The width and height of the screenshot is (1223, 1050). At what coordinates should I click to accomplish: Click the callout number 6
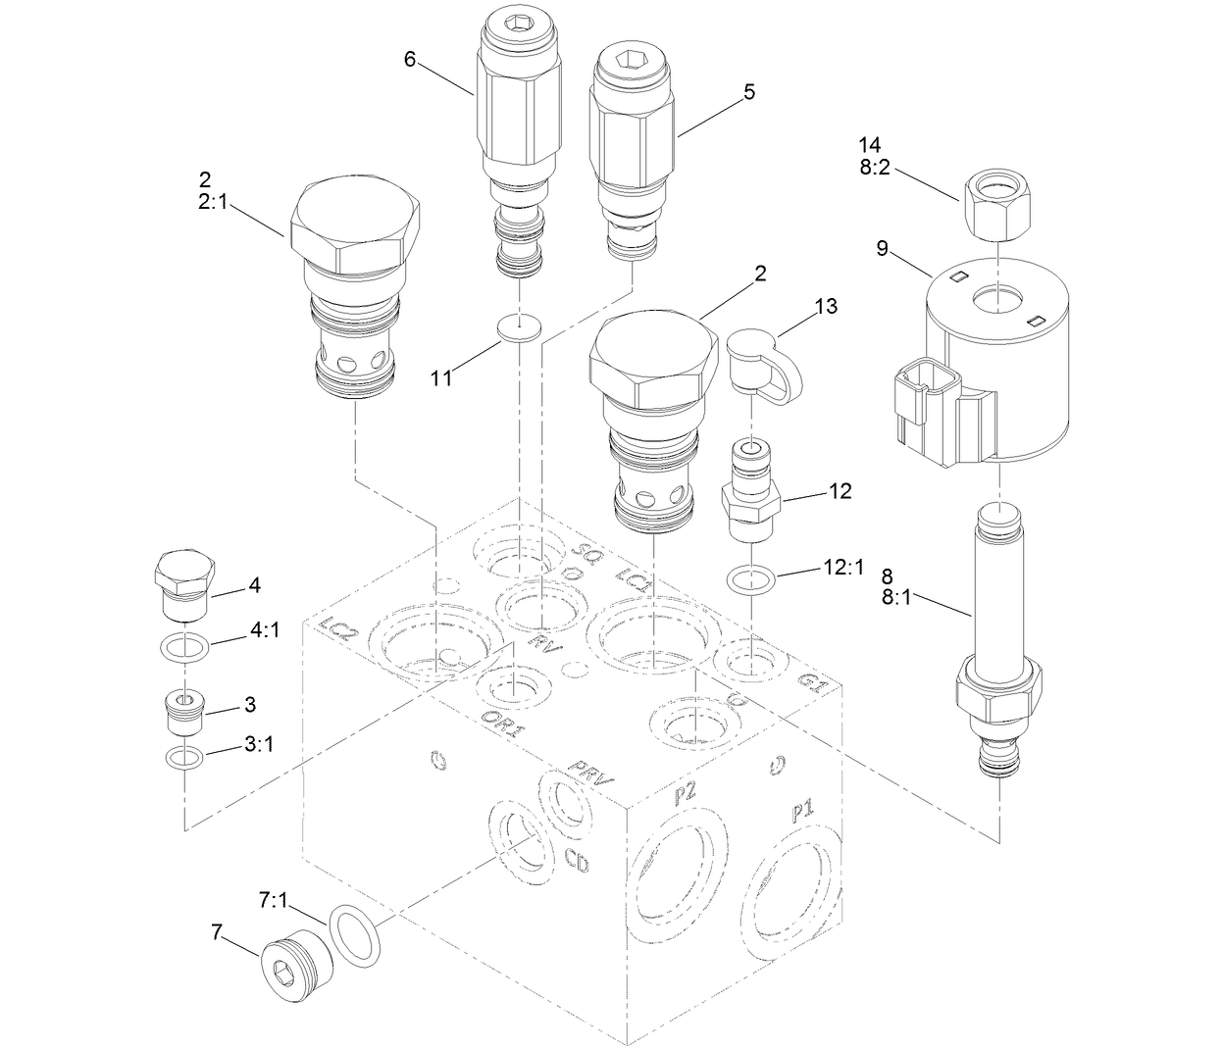(411, 58)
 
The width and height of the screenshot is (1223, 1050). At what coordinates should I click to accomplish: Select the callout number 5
(749, 92)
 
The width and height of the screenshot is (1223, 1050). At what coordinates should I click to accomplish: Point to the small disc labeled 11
(519, 329)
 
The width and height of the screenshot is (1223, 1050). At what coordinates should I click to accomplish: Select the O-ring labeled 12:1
(752, 580)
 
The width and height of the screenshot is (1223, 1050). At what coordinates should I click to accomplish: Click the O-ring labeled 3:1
(182, 757)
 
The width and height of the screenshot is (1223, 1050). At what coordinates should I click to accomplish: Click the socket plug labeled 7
(295, 972)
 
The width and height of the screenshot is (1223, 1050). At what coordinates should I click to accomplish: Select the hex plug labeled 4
(183, 586)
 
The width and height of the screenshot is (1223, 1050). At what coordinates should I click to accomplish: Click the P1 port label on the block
(802, 811)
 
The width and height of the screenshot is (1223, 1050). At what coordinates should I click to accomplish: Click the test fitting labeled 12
(752, 490)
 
